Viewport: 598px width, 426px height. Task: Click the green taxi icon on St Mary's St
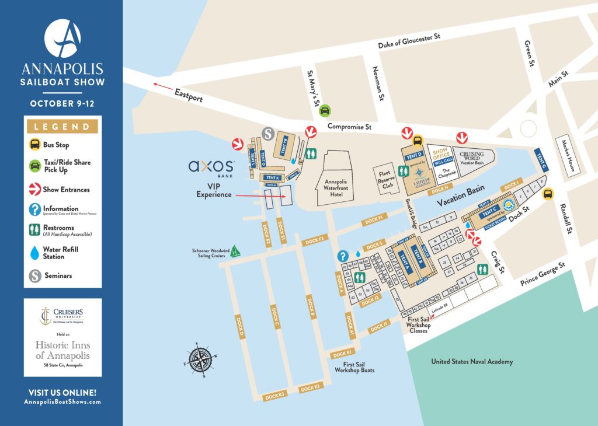pyautogui.click(x=325, y=110)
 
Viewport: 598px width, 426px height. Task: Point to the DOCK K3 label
pyautogui.click(x=274, y=395)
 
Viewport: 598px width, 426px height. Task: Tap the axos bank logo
pyautogui.click(x=211, y=168)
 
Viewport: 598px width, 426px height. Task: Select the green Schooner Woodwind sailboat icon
pyautogui.click(x=235, y=252)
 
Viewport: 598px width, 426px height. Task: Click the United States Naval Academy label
pyautogui.click(x=472, y=362)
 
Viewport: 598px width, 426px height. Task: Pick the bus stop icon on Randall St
pyautogui.click(x=548, y=194)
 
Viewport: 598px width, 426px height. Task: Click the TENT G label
pyautogui.click(x=541, y=159)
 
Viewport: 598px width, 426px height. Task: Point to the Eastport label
pyautogui.click(x=188, y=96)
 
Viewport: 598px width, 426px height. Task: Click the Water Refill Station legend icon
pyautogui.click(x=36, y=252)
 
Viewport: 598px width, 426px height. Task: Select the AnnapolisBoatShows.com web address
pyautogui.click(x=62, y=402)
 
